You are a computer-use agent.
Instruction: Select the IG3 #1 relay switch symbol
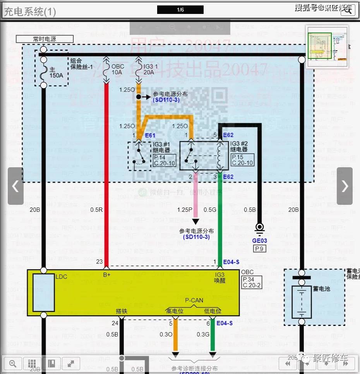[x=139, y=155]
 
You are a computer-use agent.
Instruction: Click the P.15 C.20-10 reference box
[x=242, y=160]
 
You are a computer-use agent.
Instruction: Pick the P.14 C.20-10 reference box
[x=165, y=160]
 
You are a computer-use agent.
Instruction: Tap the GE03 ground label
[x=259, y=240]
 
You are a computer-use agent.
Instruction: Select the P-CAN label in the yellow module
[x=194, y=300]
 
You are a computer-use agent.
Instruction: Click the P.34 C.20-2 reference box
[x=252, y=282]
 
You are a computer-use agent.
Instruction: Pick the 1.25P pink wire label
[x=185, y=210]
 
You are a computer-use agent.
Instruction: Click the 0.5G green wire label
[x=210, y=210]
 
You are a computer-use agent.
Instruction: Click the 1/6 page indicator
[x=180, y=10]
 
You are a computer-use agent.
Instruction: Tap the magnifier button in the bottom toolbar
[x=13, y=363]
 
